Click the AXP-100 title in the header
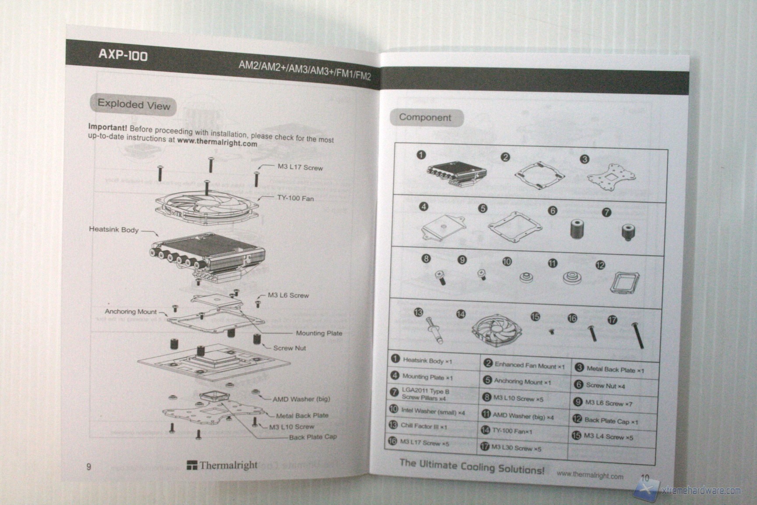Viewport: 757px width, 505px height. click(123, 55)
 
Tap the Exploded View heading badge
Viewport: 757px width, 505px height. click(134, 105)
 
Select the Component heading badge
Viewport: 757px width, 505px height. click(425, 117)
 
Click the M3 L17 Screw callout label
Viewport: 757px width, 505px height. click(300, 167)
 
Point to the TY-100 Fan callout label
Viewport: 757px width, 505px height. click(295, 198)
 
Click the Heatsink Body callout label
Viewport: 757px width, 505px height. click(113, 229)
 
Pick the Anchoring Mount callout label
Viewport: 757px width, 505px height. click(131, 311)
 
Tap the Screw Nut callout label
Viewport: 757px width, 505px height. click(290, 348)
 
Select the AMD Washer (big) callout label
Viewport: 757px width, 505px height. click(301, 399)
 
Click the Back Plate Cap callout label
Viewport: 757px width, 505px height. click(313, 437)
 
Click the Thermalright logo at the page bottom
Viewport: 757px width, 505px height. click(222, 465)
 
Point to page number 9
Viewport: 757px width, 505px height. click(89, 466)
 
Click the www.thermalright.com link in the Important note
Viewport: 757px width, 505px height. click(217, 142)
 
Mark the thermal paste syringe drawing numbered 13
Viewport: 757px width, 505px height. click(435, 330)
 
